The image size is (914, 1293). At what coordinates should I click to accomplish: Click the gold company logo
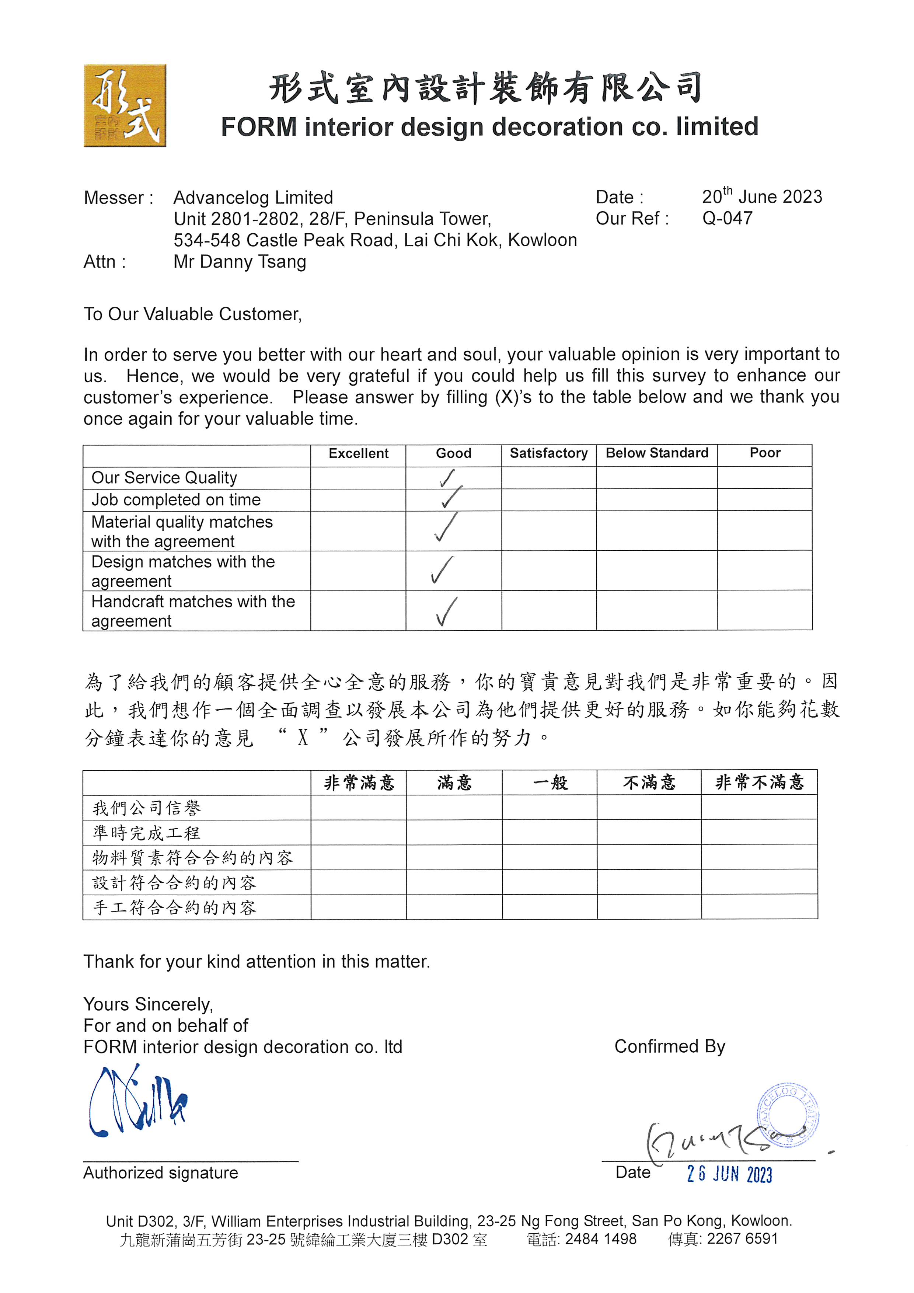click(125, 105)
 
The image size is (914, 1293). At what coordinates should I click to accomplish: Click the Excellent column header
click(358, 453)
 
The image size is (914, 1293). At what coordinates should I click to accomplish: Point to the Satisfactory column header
click(548, 453)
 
